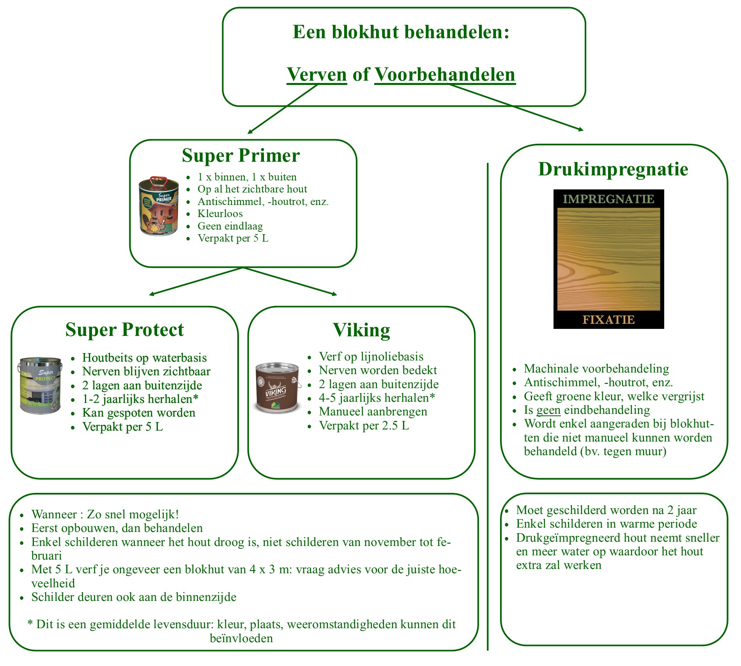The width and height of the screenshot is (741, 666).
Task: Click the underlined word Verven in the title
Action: click(x=317, y=74)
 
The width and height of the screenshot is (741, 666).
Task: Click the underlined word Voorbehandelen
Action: click(x=445, y=74)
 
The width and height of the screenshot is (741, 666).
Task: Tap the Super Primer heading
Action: click(x=241, y=155)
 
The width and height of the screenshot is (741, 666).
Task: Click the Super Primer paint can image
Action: click(x=159, y=206)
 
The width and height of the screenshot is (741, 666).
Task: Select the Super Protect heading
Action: click(x=124, y=330)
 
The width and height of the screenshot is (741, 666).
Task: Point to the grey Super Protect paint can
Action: click(x=40, y=385)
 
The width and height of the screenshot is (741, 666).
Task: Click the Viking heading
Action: click(x=361, y=330)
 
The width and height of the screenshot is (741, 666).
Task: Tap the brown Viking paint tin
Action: click(x=278, y=388)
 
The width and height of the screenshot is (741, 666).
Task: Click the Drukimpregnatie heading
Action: click(x=613, y=169)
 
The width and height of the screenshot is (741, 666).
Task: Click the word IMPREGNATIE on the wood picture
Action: click(x=608, y=199)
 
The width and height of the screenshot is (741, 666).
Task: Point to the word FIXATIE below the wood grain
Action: click(x=608, y=320)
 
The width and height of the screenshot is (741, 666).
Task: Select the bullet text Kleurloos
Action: click(x=220, y=214)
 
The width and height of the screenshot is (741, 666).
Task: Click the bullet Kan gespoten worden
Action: click(x=139, y=413)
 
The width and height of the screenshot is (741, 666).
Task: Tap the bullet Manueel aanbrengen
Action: click(x=373, y=412)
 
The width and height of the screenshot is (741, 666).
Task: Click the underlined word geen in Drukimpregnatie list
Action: click(x=548, y=410)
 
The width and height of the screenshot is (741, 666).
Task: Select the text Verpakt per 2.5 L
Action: click(x=364, y=426)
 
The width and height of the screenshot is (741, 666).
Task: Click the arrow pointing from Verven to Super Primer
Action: click(x=283, y=109)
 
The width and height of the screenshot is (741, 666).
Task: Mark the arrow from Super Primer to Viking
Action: click(x=290, y=281)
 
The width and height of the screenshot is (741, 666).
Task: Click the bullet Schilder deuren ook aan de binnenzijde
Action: click(x=134, y=597)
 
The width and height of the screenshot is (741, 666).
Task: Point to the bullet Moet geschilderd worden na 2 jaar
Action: click(x=606, y=510)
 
